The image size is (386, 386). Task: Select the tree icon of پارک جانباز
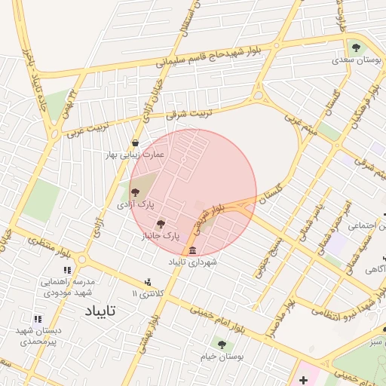[x=160, y=224]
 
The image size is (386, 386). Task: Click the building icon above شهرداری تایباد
[x=193, y=250]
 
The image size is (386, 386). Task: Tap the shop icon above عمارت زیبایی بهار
[x=135, y=142]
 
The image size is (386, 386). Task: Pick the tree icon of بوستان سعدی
[x=354, y=47]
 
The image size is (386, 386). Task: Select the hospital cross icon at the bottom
[x=303, y=377]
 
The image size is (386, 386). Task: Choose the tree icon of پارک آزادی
[x=135, y=193]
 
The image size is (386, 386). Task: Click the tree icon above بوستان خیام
[x=221, y=345]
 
